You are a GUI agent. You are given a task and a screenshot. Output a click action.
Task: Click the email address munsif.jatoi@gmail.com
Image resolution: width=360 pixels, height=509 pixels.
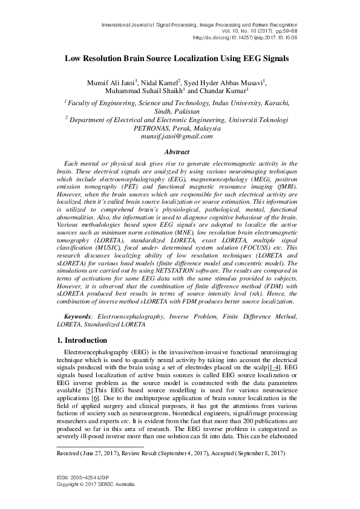[180, 137]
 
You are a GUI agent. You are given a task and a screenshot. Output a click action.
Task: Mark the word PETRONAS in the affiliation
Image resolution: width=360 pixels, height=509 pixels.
[151, 129]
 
